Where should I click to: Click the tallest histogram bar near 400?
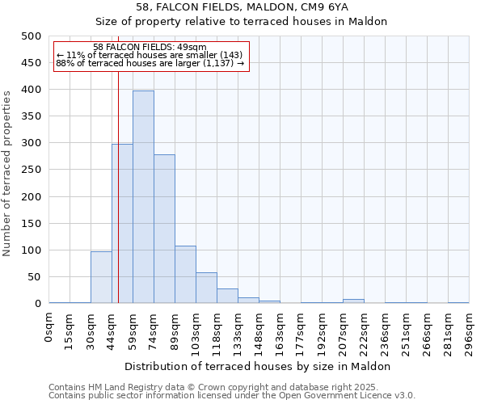click(143, 197)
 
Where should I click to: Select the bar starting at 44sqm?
click(122, 224)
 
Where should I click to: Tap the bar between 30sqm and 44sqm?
click(101, 277)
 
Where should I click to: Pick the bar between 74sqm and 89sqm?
click(164, 229)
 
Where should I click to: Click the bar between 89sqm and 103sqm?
click(185, 275)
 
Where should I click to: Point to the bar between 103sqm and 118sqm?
click(206, 288)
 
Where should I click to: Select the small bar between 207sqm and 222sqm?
click(353, 301)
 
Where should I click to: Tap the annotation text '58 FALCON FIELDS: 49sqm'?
click(150, 48)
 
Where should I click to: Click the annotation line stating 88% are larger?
click(150, 64)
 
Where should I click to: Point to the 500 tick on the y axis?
click(31, 36)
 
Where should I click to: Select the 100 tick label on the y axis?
click(31, 250)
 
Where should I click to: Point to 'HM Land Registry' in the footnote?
click(125, 387)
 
